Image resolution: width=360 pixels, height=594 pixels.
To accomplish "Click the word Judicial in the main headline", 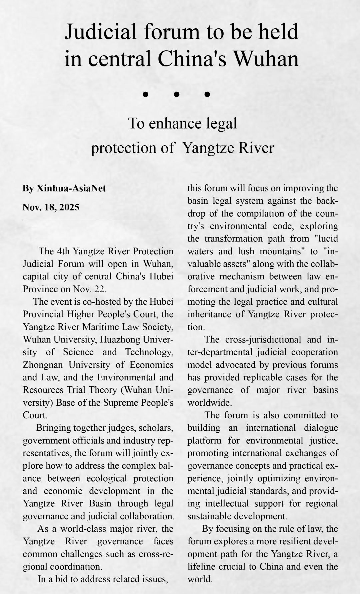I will [x=100, y=32].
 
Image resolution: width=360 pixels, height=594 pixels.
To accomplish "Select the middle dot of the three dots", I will [x=177, y=95].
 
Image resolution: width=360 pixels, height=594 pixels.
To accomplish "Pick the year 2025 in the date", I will [x=70, y=207].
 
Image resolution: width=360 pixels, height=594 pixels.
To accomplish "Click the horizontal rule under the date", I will [x=96, y=220].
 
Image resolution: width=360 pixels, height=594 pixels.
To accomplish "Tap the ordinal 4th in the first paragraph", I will [x=63, y=251].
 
